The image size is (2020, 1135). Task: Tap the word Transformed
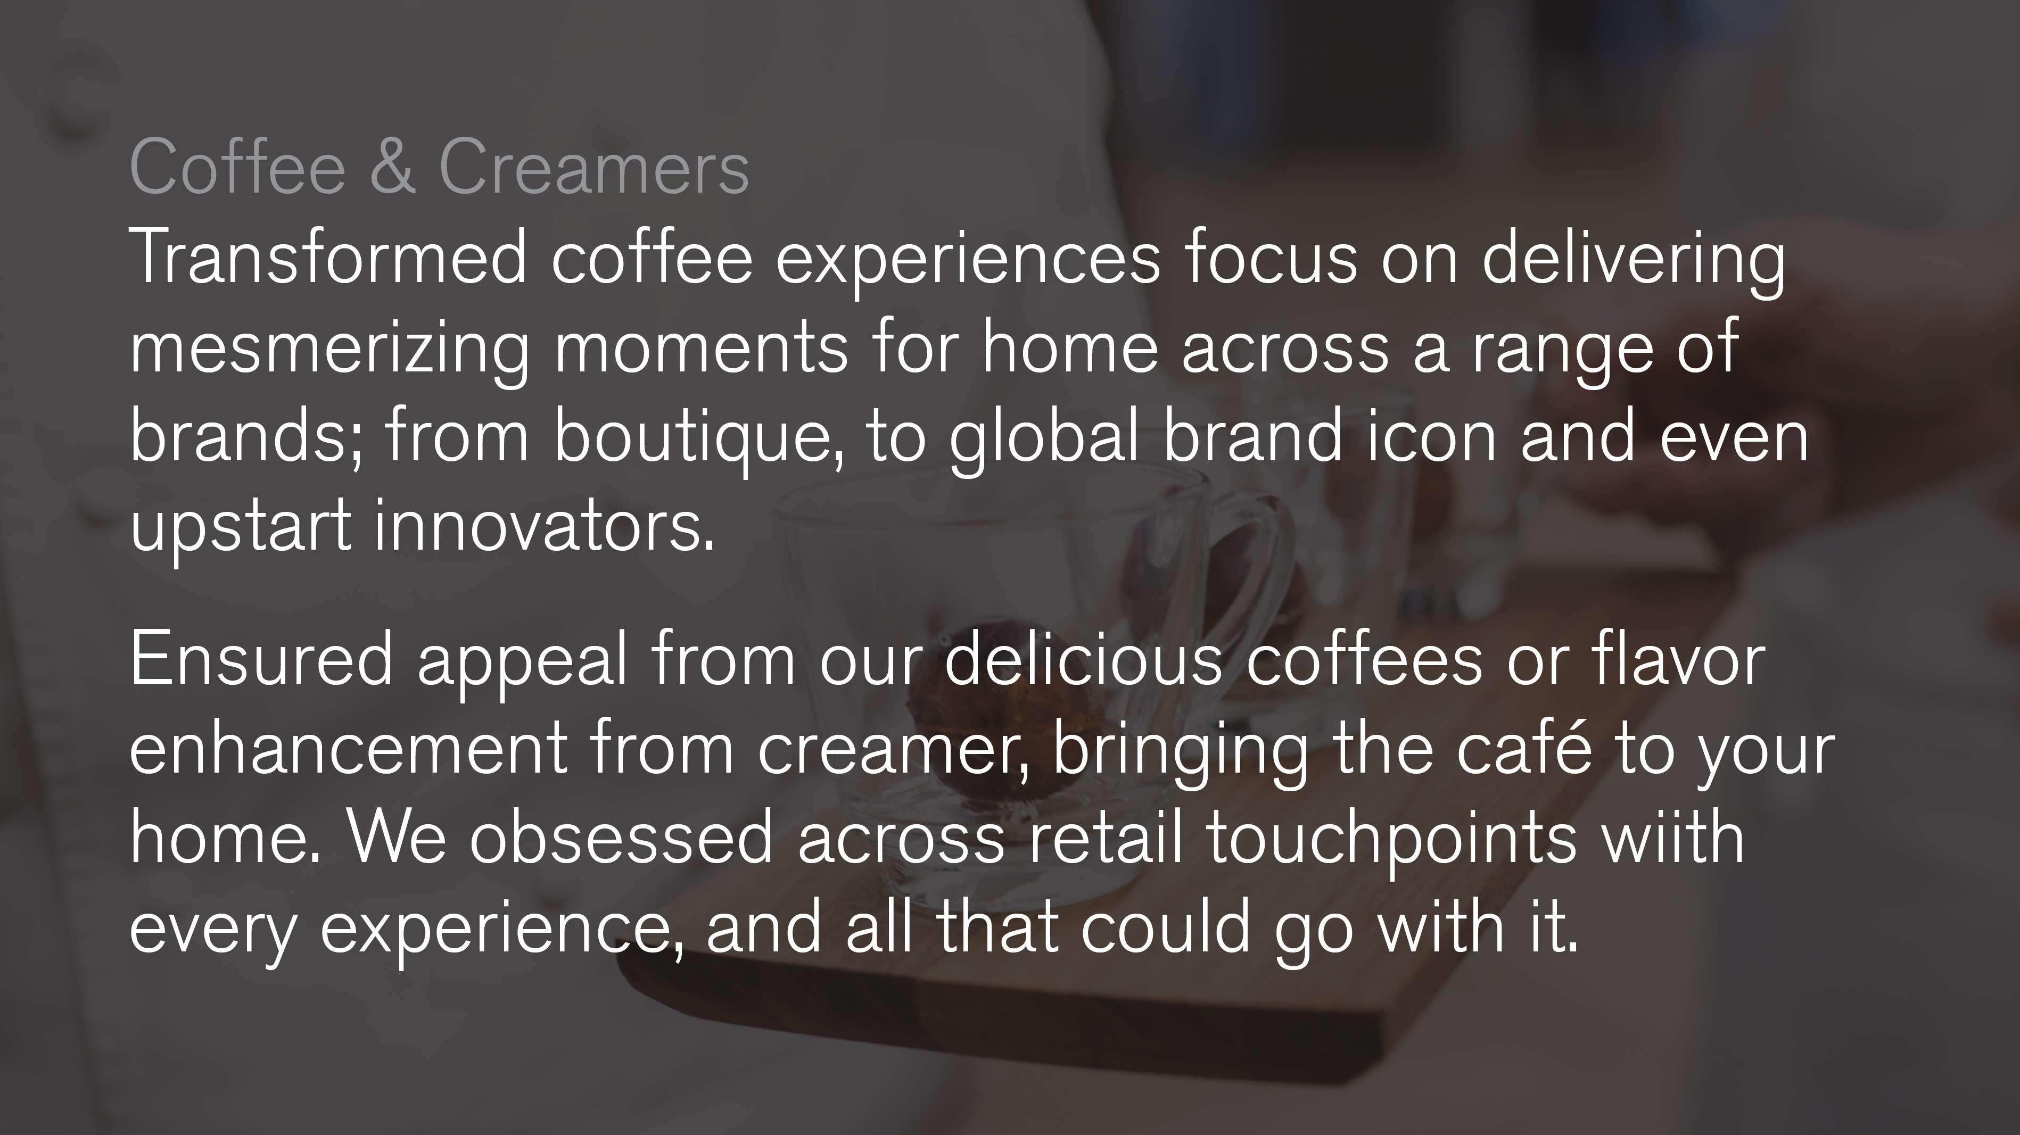[x=328, y=257]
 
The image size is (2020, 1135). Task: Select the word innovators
[x=544, y=525]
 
